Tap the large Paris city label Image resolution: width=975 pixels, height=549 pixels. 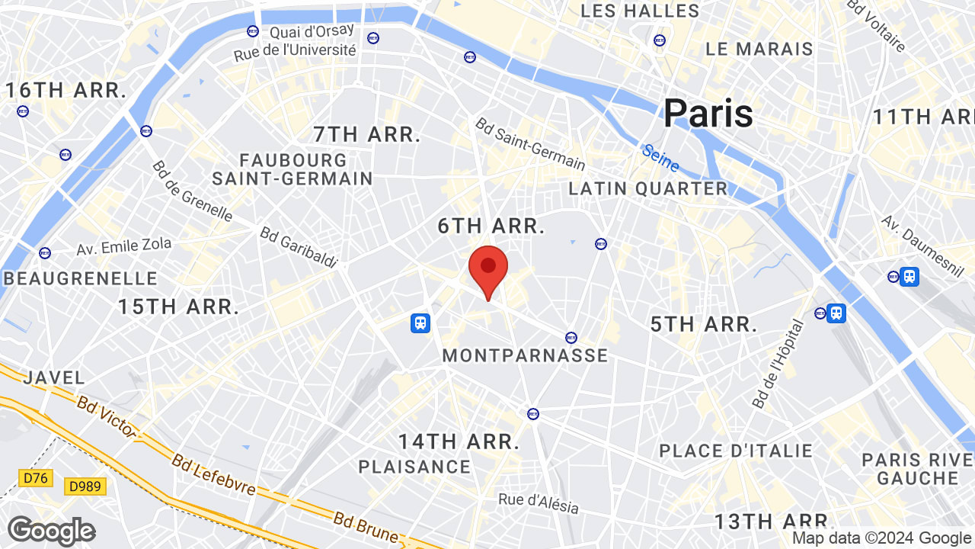click(x=708, y=114)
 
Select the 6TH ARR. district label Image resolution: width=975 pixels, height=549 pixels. click(x=491, y=226)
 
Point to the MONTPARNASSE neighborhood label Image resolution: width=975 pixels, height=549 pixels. click(x=525, y=355)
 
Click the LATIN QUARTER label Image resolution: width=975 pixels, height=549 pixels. click(x=648, y=188)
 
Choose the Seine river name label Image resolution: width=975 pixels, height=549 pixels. click(x=660, y=158)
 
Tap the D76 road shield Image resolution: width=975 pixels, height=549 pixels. click(x=35, y=478)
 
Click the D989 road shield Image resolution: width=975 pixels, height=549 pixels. click(x=85, y=486)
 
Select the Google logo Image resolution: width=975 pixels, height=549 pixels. click(x=51, y=531)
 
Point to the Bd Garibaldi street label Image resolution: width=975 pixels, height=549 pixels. click(x=299, y=247)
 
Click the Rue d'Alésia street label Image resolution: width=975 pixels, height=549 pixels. click(x=539, y=503)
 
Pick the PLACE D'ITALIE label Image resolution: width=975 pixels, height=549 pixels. click(x=736, y=451)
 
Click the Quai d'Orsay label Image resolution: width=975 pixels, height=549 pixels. click(x=312, y=31)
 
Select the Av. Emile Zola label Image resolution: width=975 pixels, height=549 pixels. click(x=124, y=246)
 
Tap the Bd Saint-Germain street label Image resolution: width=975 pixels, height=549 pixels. click(x=530, y=143)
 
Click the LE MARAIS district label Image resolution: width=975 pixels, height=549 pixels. click(x=759, y=49)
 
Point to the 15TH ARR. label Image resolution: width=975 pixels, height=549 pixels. click(x=178, y=307)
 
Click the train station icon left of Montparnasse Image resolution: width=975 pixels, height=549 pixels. click(x=420, y=323)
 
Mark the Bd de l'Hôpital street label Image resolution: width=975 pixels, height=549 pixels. click(x=778, y=363)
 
